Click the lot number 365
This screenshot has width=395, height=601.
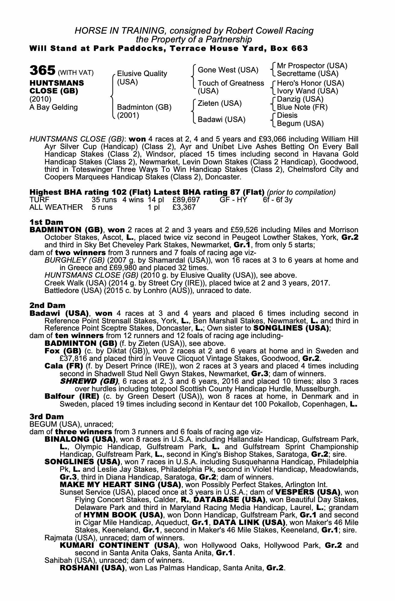point(42,71)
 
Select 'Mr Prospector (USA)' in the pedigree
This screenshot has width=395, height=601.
point(312,66)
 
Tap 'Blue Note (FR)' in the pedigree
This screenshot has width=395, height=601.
point(302,107)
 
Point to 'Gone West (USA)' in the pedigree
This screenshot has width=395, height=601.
point(228,70)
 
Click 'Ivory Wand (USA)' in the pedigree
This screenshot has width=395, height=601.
point(308,91)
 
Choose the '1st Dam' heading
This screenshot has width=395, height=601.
point(46,222)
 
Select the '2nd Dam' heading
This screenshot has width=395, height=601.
point(47,306)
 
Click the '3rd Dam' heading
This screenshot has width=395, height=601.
point(47,416)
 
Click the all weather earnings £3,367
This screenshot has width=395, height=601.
point(184,207)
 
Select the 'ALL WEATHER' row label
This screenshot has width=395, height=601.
point(56,207)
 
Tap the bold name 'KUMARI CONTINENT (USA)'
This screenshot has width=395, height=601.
point(118,545)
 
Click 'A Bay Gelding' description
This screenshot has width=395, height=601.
point(54,107)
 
